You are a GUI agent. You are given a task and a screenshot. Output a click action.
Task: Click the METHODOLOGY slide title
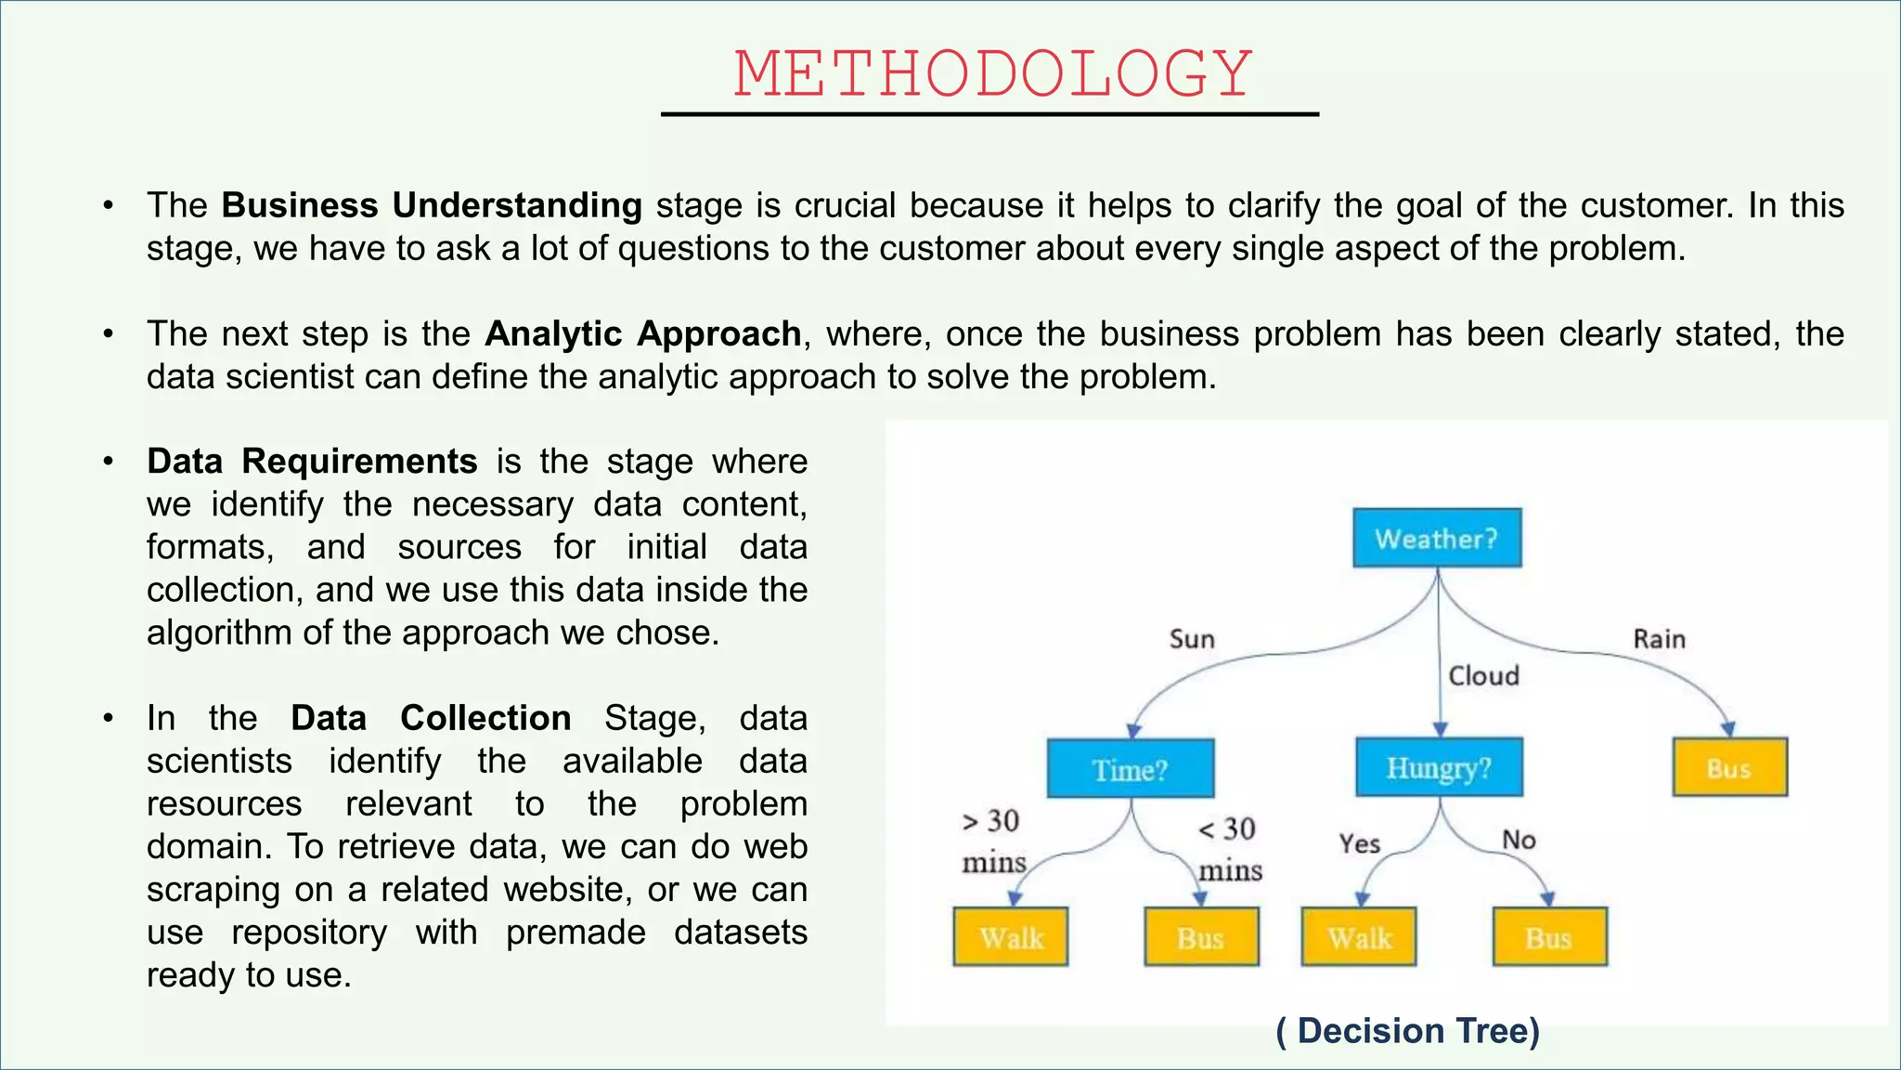[x=992, y=74]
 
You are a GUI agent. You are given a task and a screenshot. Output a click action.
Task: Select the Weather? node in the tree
[x=1436, y=538]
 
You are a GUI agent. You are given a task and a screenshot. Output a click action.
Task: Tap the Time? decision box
[x=1130, y=769]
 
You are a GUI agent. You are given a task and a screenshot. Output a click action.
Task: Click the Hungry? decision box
[x=1439, y=767]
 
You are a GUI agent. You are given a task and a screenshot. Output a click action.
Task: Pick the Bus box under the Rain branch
[x=1729, y=768]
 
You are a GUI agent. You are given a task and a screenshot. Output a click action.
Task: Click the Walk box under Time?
[x=1011, y=937]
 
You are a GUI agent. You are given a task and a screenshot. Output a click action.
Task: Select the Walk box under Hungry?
[x=1359, y=937]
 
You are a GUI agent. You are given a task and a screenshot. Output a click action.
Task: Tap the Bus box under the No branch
[x=1549, y=937]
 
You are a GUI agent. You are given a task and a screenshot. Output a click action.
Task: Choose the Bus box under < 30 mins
[x=1201, y=937]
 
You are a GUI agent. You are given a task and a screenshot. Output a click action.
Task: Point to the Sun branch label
[x=1192, y=639]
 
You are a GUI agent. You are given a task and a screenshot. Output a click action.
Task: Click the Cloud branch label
[x=1483, y=675]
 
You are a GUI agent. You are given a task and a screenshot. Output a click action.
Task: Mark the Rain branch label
[x=1659, y=639]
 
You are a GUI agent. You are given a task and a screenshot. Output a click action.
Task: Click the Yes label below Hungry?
[x=1359, y=843]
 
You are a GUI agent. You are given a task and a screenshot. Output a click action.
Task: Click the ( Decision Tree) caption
[x=1407, y=1031]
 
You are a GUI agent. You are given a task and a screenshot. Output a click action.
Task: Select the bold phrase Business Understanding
[x=432, y=205]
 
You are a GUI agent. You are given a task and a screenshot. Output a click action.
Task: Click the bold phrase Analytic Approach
[x=642, y=333]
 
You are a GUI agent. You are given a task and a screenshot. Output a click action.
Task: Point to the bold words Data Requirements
[x=312, y=462]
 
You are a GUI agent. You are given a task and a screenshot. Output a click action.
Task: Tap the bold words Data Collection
[x=431, y=718]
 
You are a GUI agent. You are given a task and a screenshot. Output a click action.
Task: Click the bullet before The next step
[x=109, y=333]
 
